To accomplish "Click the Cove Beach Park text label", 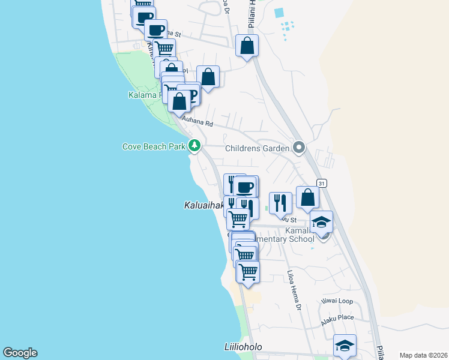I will (153, 146).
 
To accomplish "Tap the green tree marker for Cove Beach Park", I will (194, 146).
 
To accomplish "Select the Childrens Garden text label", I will (258, 148).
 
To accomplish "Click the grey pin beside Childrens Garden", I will (299, 148).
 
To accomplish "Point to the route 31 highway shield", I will (322, 183).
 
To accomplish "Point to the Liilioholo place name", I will (243, 347).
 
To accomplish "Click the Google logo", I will (20, 353).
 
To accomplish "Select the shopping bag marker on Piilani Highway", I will (246, 46).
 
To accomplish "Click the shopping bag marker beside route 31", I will (307, 197).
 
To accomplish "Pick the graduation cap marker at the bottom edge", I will (345, 346).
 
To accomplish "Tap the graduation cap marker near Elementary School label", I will (321, 222).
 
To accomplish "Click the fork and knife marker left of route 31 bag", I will (280, 203).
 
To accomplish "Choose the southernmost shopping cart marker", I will (248, 272).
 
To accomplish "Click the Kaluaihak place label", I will (203, 205).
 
